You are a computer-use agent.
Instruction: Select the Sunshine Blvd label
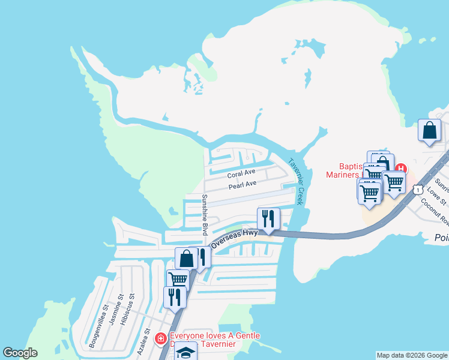204,215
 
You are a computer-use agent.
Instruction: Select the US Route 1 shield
416,190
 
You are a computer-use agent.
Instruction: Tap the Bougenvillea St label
96,326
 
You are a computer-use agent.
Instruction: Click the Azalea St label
143,341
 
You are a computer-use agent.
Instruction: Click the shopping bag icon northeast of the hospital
429,130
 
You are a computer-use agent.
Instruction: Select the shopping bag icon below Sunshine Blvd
186,259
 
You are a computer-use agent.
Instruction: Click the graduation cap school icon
187,352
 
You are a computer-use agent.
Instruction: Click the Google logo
20,353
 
